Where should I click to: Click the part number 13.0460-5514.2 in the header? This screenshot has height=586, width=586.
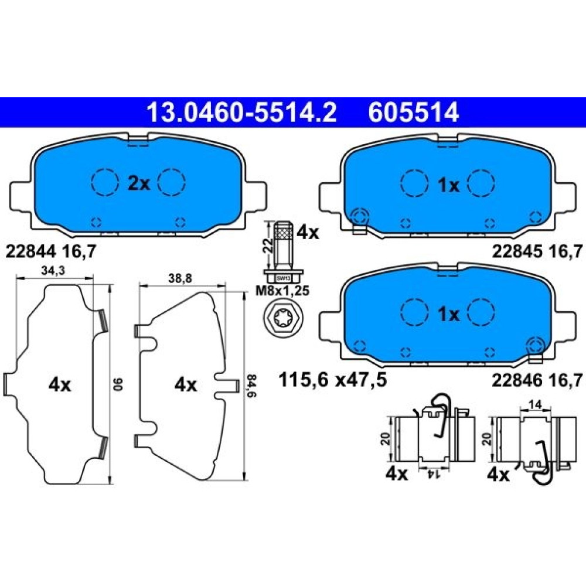(x=242, y=113)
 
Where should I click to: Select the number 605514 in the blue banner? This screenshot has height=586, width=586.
(x=413, y=113)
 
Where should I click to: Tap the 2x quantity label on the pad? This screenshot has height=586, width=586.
(x=139, y=183)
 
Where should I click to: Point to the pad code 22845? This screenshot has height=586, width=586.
(x=516, y=251)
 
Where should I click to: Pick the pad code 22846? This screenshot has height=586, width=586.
(x=516, y=380)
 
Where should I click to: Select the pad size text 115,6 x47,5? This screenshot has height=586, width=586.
(x=333, y=380)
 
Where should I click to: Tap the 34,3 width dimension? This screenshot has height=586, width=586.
(x=53, y=271)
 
